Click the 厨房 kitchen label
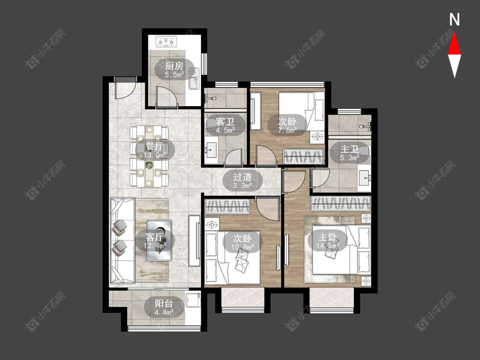point(174,66)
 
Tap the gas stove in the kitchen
point(166,41)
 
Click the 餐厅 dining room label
point(155,146)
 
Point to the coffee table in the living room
point(159,241)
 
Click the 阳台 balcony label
point(164,304)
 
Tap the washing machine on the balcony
point(193,300)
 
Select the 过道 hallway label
point(242,177)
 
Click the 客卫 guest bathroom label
point(225,122)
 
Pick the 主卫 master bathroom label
point(349,149)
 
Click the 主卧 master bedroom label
point(328,237)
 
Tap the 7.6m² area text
point(288,130)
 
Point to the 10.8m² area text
point(242,247)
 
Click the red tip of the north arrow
point(454,33)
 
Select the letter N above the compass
point(454,20)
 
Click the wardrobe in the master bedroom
point(341,203)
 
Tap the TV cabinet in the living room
point(195,241)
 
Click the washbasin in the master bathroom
point(365,177)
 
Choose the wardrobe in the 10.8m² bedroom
point(227,206)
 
